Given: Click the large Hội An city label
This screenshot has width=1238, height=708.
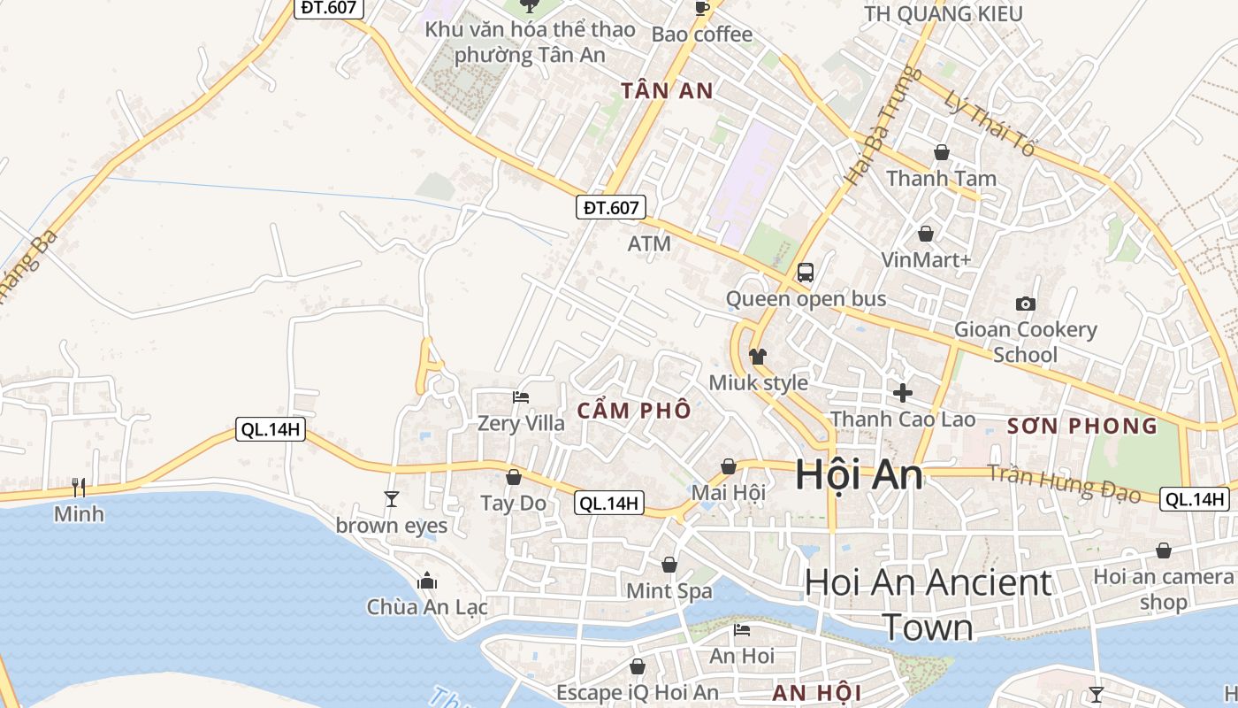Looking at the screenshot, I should coord(859,475).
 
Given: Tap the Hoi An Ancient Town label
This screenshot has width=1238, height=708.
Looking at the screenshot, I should coord(928,604).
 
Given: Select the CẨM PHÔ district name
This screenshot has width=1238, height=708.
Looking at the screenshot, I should coord(634,412).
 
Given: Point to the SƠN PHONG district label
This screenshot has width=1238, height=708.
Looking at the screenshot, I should coord(1082,426).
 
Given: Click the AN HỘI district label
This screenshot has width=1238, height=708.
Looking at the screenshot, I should coord(816,693).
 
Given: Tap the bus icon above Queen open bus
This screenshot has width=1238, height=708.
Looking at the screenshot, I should coord(805,273).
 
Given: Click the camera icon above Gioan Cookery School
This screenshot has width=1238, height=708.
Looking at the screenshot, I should coord(1025,304).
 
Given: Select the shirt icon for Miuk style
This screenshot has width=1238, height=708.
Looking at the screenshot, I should coord(757,357).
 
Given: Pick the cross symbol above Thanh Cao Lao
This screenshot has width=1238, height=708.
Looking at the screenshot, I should coord(902,392).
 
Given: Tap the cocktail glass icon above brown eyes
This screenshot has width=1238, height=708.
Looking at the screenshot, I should coord(392,499).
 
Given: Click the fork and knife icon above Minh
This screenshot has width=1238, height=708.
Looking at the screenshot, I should coord(79,487).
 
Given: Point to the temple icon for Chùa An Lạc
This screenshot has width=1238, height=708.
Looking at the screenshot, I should coord(427,581).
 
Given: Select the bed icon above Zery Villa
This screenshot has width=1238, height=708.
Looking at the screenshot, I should coord(521,396).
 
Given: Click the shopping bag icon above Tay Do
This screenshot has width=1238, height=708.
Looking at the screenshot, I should coord(513,478).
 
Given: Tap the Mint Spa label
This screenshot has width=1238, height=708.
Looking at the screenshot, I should coord(669,590).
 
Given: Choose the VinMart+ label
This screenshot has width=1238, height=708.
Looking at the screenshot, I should coord(926,260).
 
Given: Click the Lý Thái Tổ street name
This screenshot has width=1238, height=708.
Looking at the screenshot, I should coord(989,123).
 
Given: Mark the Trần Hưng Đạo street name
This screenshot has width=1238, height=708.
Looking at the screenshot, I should coord(1064,482).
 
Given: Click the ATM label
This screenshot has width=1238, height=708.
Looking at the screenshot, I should coord(649,243).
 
